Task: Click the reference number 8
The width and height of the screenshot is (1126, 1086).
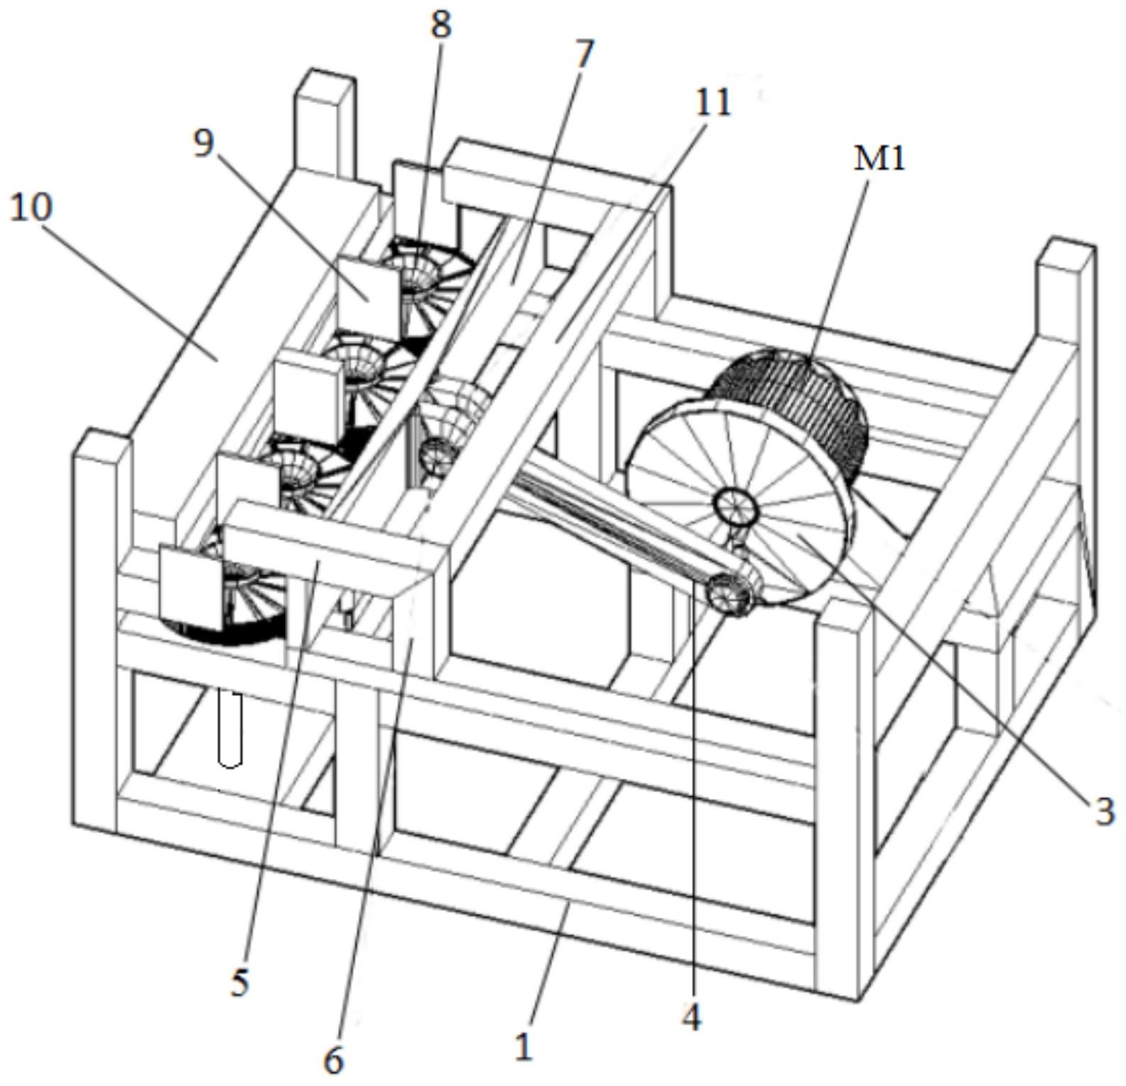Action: click(x=440, y=26)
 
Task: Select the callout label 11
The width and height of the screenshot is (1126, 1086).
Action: click(x=713, y=103)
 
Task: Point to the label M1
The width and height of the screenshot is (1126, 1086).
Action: click(x=879, y=159)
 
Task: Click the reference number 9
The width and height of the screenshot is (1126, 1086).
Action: click(x=203, y=145)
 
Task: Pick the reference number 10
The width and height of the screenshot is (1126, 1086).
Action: click(x=31, y=208)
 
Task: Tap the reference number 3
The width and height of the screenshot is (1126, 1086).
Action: click(x=1103, y=811)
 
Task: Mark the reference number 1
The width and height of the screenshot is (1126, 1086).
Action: click(x=523, y=1047)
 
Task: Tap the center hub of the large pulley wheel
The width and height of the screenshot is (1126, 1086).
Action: click(x=736, y=506)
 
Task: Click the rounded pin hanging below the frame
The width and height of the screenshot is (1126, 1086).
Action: click(x=229, y=729)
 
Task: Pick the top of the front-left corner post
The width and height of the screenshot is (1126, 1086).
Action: click(x=102, y=444)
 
